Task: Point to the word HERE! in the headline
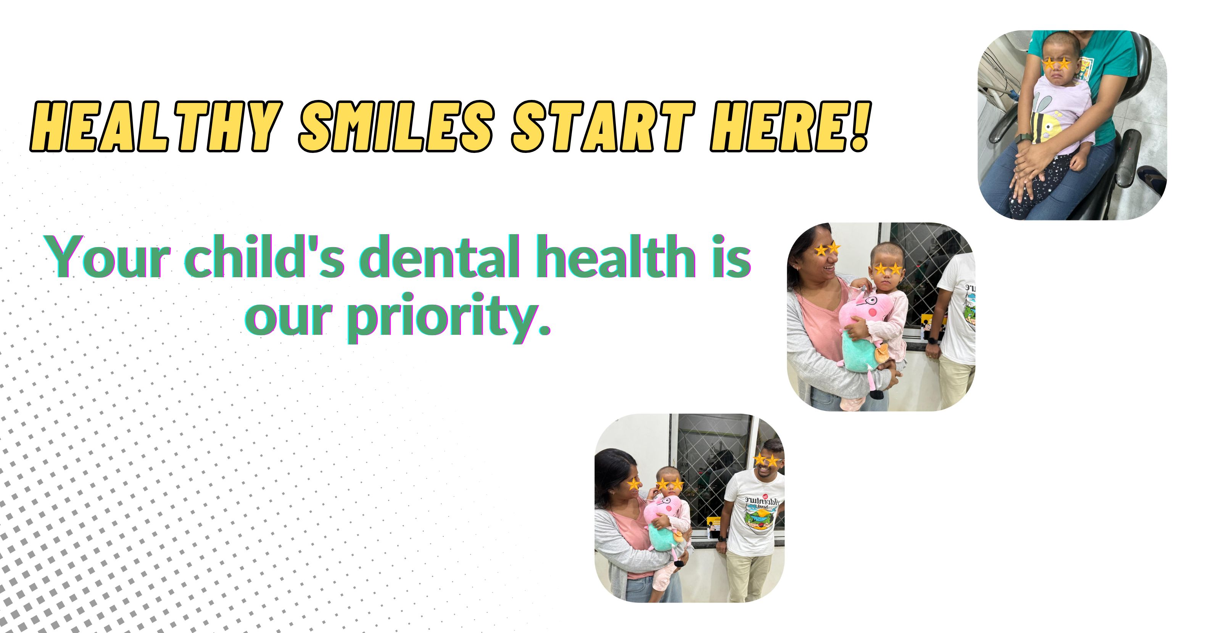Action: (790, 127)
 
